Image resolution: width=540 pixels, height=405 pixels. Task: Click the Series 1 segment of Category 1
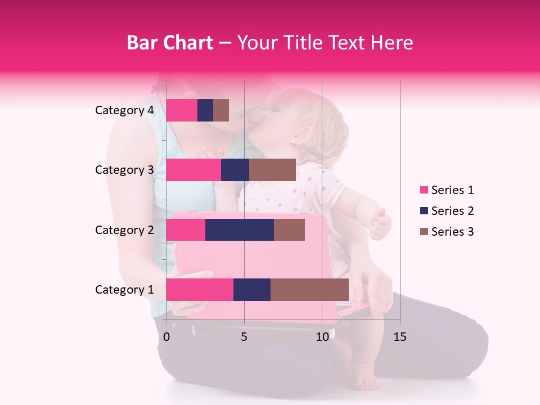(x=200, y=290)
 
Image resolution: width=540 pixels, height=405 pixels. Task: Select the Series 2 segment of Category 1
(x=252, y=290)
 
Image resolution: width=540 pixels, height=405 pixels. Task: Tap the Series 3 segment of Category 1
(x=309, y=290)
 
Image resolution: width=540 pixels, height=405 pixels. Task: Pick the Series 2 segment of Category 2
(x=240, y=229)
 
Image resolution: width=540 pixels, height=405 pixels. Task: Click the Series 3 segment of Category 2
(x=289, y=229)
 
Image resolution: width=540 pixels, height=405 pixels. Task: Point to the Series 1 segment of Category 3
(x=193, y=170)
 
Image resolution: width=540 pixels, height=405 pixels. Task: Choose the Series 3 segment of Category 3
(x=272, y=170)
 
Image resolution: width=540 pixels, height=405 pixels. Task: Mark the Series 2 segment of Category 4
(x=205, y=110)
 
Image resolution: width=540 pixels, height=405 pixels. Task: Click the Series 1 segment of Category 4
(x=182, y=110)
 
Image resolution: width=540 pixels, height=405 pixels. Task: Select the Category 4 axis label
(x=124, y=110)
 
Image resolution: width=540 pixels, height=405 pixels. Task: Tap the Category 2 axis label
(x=124, y=229)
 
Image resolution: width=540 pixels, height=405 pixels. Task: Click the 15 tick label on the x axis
(x=399, y=337)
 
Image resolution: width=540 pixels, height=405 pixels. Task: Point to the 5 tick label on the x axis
(x=244, y=337)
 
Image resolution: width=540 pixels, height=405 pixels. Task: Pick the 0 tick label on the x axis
(x=166, y=337)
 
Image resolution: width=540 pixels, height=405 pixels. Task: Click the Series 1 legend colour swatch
(x=424, y=190)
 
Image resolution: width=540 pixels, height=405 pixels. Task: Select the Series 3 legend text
(x=452, y=232)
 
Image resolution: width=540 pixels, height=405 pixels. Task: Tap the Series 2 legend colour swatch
(x=424, y=211)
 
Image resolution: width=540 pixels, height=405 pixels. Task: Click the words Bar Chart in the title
(x=170, y=43)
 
